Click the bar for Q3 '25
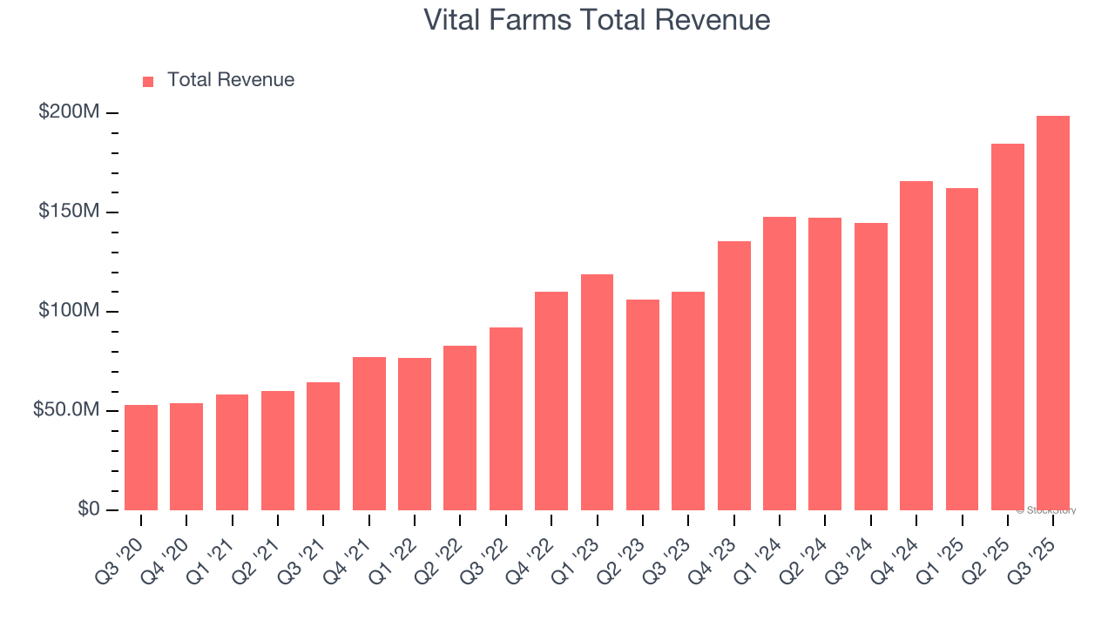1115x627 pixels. (1053, 313)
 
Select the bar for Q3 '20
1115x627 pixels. (141, 457)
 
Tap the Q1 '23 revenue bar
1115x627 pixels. (597, 392)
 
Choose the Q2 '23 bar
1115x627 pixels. (643, 405)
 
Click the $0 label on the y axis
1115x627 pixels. (88, 509)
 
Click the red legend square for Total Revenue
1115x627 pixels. (148, 81)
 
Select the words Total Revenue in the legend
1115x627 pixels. (231, 80)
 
